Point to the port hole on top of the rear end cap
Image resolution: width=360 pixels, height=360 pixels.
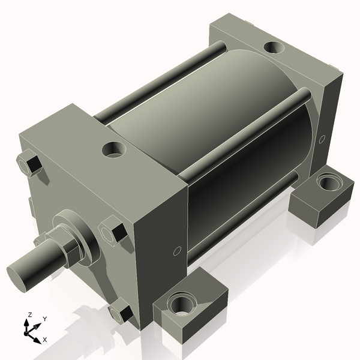(274, 46)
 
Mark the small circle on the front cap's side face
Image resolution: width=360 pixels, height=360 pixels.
(177, 251)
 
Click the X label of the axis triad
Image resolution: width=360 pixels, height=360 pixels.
(44, 340)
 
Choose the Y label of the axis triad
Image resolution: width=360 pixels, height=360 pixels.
(45, 319)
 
